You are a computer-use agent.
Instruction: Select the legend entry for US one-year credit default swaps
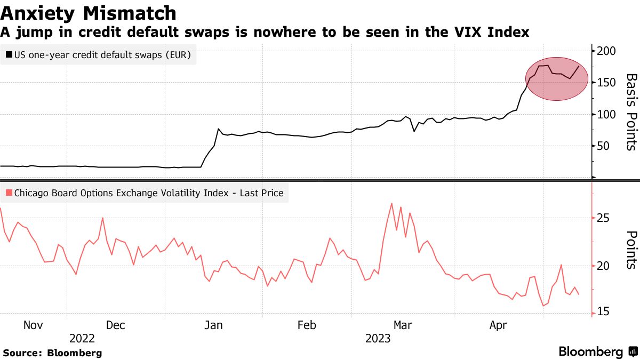(x=98, y=55)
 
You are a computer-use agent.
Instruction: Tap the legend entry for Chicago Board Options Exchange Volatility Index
(x=144, y=193)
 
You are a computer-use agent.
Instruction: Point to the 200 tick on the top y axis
(x=606, y=51)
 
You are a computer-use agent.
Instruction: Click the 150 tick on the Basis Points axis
(x=606, y=83)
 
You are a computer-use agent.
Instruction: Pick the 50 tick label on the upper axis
(x=604, y=146)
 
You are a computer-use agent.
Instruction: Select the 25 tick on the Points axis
(x=603, y=218)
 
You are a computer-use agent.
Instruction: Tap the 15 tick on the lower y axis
(x=603, y=313)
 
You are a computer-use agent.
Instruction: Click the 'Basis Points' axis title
(x=631, y=112)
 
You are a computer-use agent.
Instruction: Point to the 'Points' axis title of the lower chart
(x=631, y=250)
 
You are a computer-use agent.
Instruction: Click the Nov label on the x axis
(x=33, y=325)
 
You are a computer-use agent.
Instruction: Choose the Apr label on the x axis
(x=498, y=325)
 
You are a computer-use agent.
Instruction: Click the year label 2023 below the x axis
(x=378, y=339)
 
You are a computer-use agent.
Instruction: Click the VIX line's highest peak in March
(x=391, y=203)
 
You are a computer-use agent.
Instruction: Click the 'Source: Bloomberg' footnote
(x=52, y=353)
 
